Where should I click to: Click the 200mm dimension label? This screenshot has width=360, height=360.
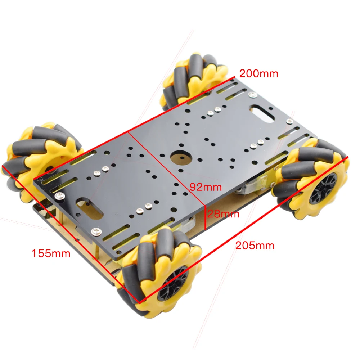tap(259, 74)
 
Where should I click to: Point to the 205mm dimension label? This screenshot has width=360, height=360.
tap(255, 246)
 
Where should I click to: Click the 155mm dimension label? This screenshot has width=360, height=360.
tap(51, 253)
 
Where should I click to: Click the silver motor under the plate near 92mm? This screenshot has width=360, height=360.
tap(248, 187)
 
